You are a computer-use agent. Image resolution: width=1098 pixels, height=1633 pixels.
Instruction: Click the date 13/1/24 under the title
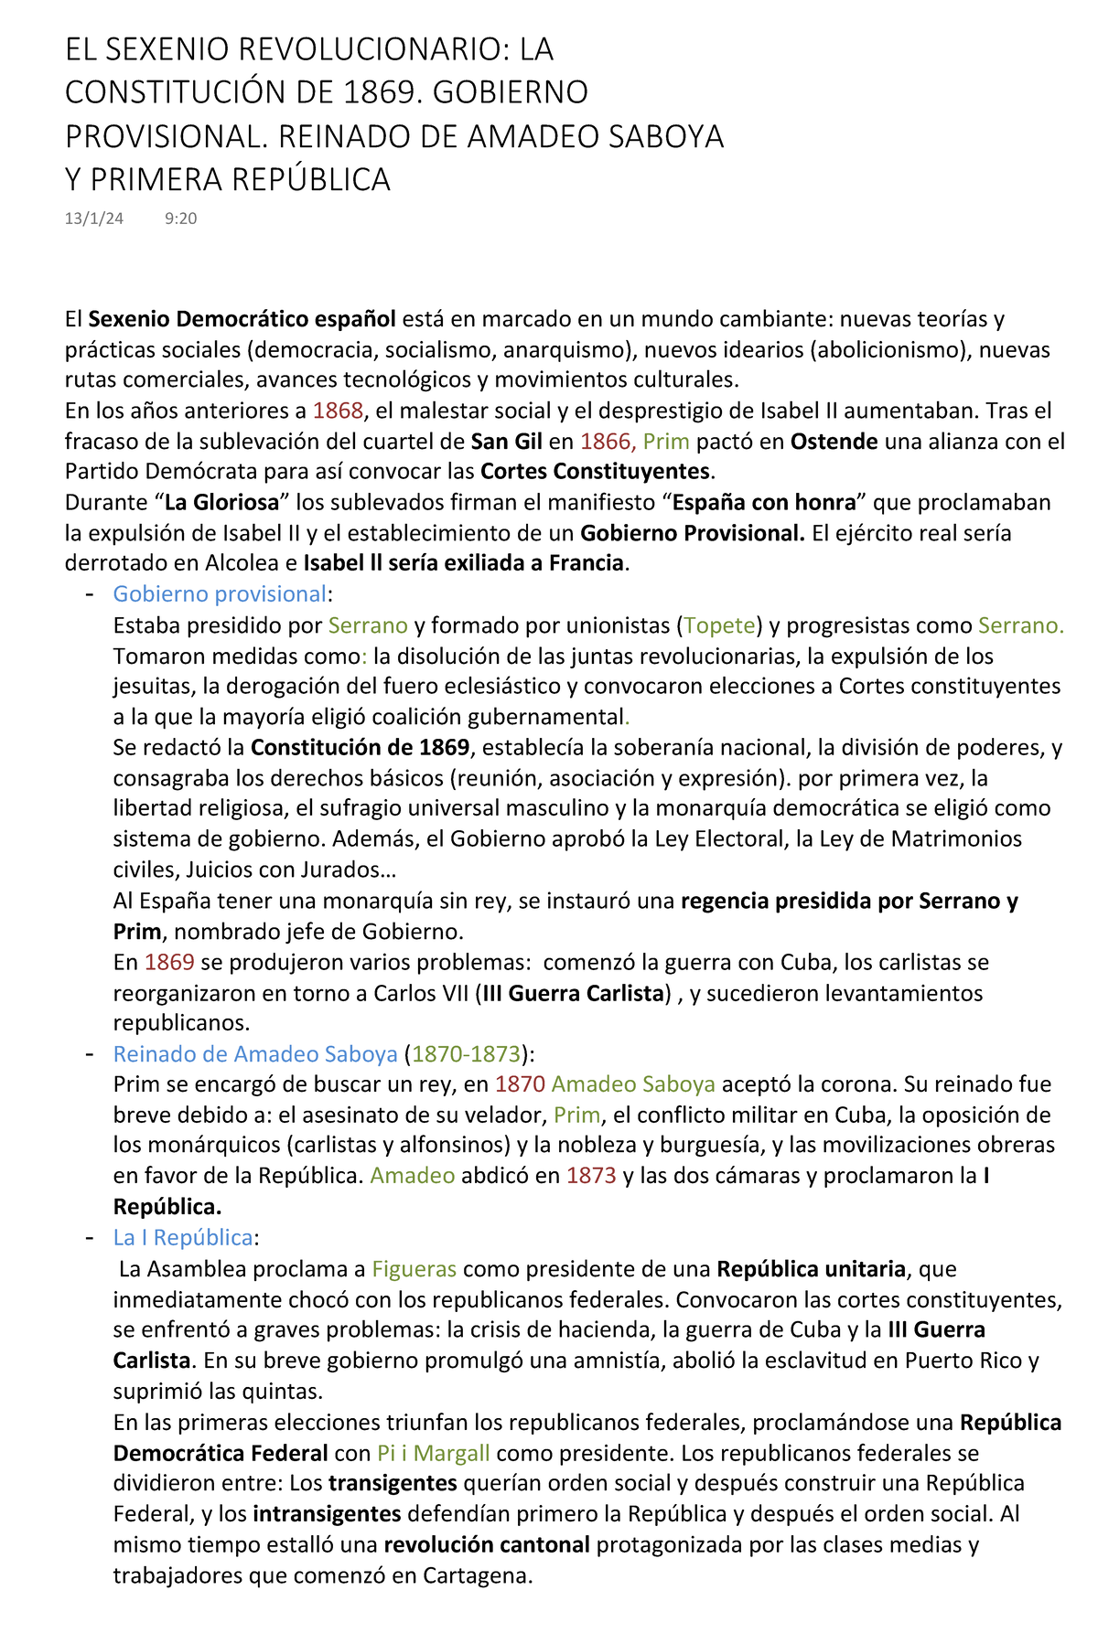tap(94, 219)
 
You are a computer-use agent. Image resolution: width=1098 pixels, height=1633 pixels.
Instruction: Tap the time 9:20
tap(181, 219)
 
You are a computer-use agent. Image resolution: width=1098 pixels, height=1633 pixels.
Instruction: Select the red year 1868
tap(338, 411)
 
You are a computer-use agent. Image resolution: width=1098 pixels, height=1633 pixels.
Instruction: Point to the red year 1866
tap(605, 442)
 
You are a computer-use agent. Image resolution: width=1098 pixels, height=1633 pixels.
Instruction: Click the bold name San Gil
tap(507, 442)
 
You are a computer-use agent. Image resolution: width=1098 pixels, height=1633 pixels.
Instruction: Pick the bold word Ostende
tap(834, 442)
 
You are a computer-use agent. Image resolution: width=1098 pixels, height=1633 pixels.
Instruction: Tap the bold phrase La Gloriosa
tap(221, 503)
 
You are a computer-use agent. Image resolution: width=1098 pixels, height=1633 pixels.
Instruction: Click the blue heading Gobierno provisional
tap(220, 594)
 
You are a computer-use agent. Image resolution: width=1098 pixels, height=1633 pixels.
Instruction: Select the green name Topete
tap(720, 625)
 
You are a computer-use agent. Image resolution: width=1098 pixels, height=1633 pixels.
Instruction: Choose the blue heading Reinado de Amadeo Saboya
tap(255, 1054)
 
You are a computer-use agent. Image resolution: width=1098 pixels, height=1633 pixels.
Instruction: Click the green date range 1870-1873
tap(466, 1054)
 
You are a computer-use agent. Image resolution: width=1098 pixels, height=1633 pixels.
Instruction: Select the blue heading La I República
tap(183, 1238)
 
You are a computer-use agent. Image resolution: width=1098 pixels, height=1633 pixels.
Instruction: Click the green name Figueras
tap(414, 1269)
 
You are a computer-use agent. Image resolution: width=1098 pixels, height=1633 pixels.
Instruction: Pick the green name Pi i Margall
tap(434, 1453)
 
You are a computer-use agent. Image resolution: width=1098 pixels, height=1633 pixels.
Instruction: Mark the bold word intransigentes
tap(327, 1514)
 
